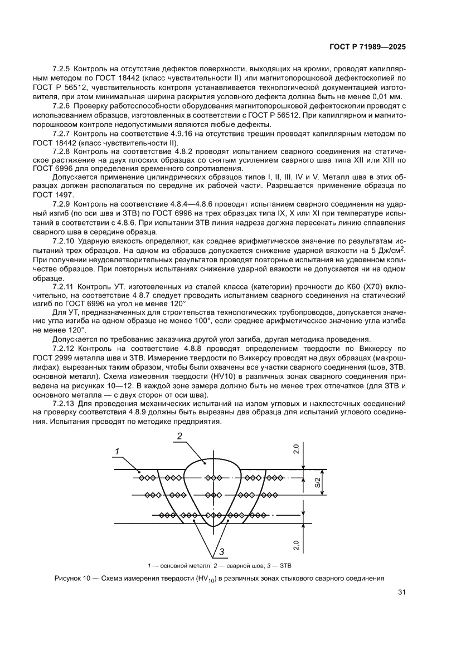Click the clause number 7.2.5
click(62, 68)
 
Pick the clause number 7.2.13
click(64, 402)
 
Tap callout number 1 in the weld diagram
click(118, 451)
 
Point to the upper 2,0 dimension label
click(298, 449)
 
